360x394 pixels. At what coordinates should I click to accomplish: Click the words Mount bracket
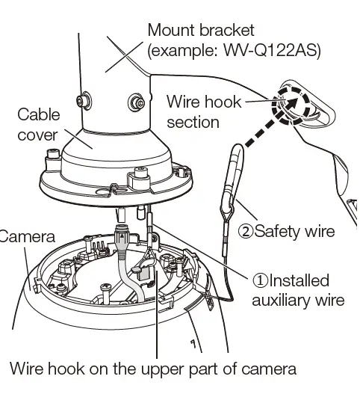(x=201, y=31)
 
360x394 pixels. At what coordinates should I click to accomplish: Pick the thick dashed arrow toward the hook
(x=256, y=135)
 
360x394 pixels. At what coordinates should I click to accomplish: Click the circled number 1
(x=259, y=280)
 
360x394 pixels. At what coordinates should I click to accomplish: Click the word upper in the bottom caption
(x=152, y=369)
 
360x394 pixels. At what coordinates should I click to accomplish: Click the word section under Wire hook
(x=193, y=120)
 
